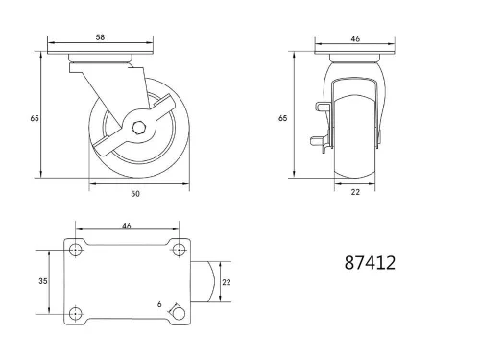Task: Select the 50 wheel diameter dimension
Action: click(135, 193)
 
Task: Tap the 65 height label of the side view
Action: click(35, 118)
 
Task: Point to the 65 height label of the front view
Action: click(283, 118)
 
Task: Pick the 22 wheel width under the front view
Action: click(354, 192)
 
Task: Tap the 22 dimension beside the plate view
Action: click(227, 282)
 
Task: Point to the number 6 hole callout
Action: click(159, 305)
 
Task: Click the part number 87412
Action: click(369, 261)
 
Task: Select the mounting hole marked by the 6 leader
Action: click(177, 313)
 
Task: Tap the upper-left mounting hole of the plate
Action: click(75, 252)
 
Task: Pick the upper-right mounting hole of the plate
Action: click(177, 252)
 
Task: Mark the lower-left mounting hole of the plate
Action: click(75, 313)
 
